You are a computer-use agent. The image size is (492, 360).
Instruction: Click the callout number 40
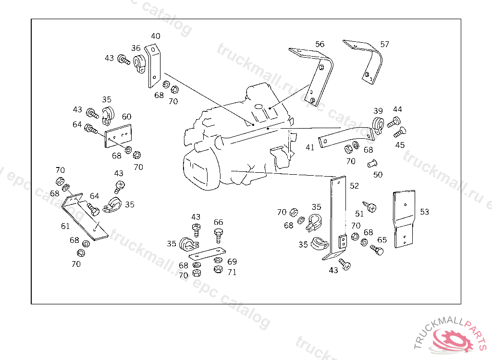click(x=156, y=36)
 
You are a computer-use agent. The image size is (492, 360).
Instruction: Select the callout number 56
click(x=320, y=44)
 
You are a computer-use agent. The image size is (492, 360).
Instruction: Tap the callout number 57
click(x=385, y=44)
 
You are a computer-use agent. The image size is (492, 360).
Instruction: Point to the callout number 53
click(x=424, y=212)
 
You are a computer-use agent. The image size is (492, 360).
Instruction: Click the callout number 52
click(x=354, y=186)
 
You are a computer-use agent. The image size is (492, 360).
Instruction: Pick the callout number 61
click(x=65, y=226)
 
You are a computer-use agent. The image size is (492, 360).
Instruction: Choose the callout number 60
click(x=126, y=117)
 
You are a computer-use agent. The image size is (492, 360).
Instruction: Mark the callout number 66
click(x=219, y=222)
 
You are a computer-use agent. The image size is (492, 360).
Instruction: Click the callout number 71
click(x=232, y=272)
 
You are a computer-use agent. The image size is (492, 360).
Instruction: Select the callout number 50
click(x=378, y=175)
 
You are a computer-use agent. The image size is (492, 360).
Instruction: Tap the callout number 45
click(x=400, y=145)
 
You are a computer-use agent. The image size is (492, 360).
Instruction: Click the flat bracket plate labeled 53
click(x=404, y=219)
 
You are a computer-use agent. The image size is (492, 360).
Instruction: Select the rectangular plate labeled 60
click(x=118, y=136)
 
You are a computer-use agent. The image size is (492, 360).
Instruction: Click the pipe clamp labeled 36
click(x=139, y=64)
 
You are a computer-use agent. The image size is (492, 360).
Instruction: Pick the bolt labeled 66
click(x=219, y=236)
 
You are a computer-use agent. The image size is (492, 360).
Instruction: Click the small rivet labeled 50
click(x=372, y=164)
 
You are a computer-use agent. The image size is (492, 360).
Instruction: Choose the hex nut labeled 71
click(x=218, y=269)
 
